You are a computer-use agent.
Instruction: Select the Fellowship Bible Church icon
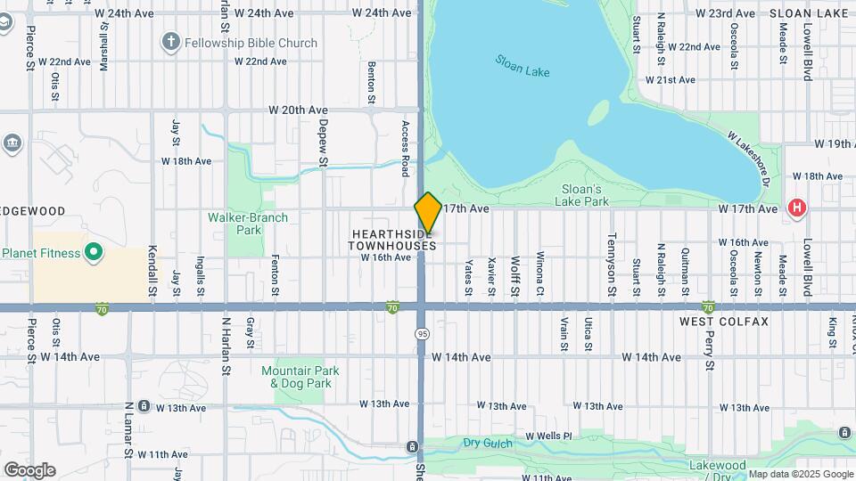[170, 42]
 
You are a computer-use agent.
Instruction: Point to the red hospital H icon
[796, 209]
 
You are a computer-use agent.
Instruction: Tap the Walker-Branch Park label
[248, 224]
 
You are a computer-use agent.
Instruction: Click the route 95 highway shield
[422, 332]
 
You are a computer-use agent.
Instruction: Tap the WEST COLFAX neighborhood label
[723, 321]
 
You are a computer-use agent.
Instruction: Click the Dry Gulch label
[487, 442]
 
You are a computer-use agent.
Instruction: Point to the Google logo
[29, 470]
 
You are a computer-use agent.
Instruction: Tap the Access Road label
[406, 148]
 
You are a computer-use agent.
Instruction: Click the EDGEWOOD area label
[33, 211]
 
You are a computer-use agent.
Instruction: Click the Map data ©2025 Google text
[801, 474]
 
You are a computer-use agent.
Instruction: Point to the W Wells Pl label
[549, 436]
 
